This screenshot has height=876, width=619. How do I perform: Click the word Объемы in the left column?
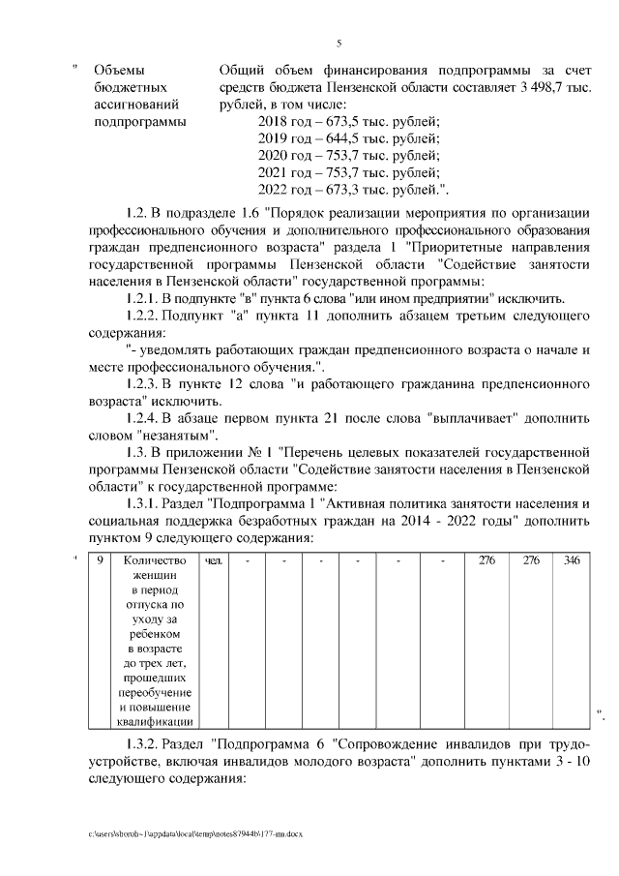click(x=117, y=71)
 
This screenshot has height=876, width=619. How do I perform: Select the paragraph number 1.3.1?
click(x=142, y=503)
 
